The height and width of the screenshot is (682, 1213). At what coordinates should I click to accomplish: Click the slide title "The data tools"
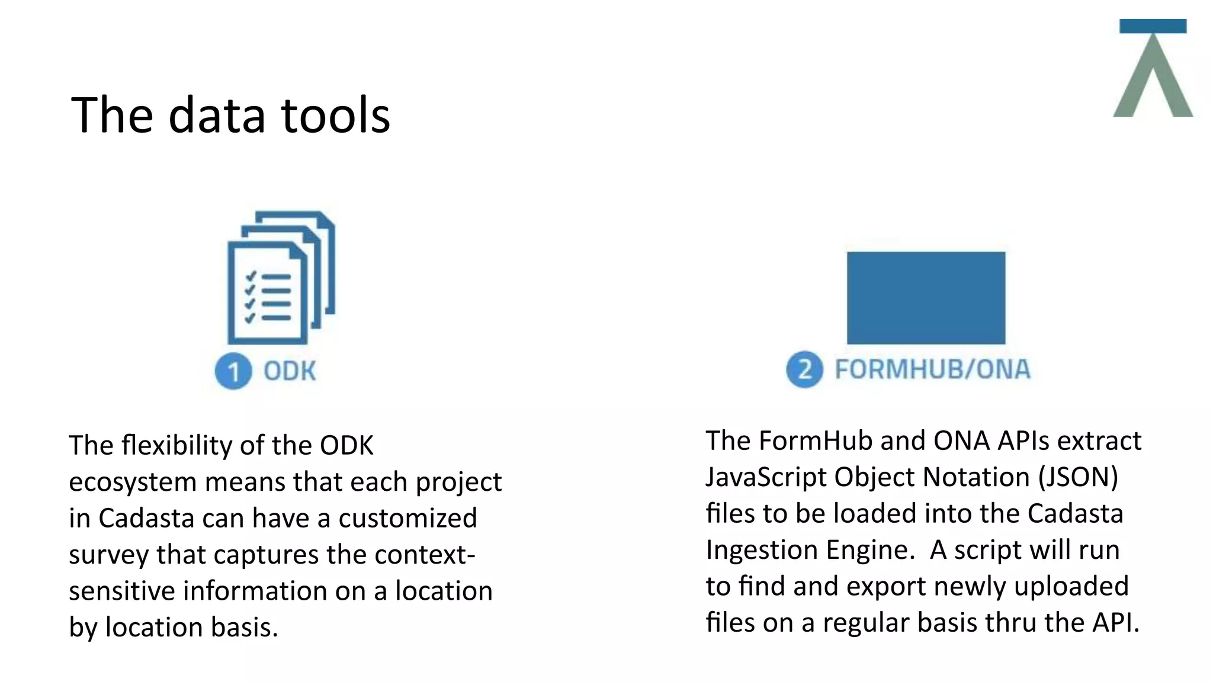230,115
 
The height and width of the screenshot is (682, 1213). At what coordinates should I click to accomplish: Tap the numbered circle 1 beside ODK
233,371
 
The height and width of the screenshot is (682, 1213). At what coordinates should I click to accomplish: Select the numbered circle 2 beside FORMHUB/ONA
804,369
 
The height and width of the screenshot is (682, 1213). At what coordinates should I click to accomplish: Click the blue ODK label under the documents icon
290,371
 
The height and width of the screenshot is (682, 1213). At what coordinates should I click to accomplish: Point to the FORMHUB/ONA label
932,369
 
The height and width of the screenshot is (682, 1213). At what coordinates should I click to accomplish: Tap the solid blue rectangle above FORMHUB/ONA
926,298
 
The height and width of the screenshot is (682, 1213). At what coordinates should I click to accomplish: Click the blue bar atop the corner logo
1153,26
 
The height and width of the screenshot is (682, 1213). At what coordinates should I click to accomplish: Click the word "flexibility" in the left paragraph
175,445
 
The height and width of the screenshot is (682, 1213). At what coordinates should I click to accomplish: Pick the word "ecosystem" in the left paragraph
132,482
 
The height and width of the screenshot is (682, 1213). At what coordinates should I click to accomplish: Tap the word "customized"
407,518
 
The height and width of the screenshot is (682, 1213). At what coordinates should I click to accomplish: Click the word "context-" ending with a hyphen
425,555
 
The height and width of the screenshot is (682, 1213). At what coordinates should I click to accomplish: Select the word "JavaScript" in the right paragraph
766,477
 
